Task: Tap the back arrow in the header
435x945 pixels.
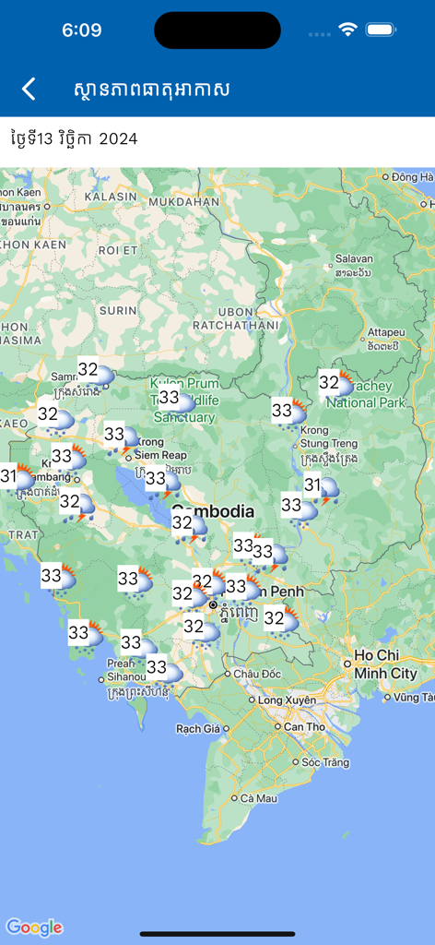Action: pyautogui.click(x=29, y=89)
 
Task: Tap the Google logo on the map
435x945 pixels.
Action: pyautogui.click(x=34, y=927)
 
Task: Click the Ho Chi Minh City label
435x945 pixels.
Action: pyautogui.click(x=385, y=664)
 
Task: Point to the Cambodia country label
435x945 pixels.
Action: pyautogui.click(x=213, y=510)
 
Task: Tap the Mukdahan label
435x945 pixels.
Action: pyautogui.click(x=184, y=200)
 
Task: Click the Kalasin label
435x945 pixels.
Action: pyautogui.click(x=111, y=197)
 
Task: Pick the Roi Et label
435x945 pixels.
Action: pyautogui.click(x=117, y=249)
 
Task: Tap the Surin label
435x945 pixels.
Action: pyautogui.click(x=118, y=311)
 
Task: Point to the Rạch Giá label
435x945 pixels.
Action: pyautogui.click(x=198, y=729)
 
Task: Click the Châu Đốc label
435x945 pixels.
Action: pyautogui.click(x=255, y=674)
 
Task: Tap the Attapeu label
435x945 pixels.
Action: pyautogui.click(x=385, y=332)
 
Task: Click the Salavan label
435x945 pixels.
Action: pyautogui.click(x=355, y=259)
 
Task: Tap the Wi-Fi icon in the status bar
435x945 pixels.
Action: pyautogui.click(x=347, y=30)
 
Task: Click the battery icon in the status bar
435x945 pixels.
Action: pyautogui.click(x=381, y=30)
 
